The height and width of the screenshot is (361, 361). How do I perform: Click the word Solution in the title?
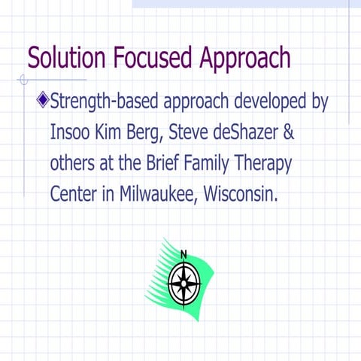point(66,58)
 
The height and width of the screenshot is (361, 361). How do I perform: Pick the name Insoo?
point(73,132)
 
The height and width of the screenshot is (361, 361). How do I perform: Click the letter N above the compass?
point(184,254)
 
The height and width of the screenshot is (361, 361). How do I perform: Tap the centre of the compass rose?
point(184,284)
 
